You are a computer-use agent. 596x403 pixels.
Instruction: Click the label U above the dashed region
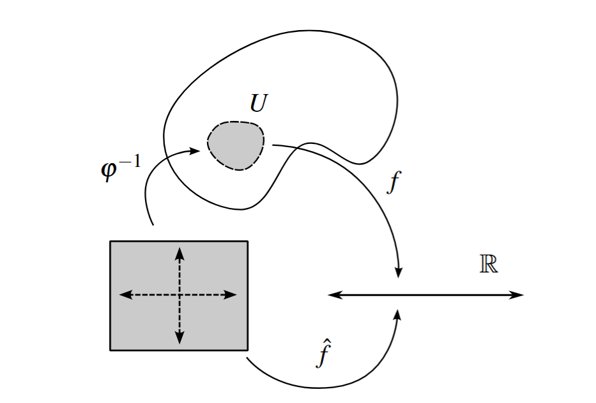pyautogui.click(x=257, y=104)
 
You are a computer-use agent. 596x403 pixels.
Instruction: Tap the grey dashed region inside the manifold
pyautogui.click(x=236, y=145)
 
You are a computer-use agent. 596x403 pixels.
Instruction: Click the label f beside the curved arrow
pyautogui.click(x=394, y=182)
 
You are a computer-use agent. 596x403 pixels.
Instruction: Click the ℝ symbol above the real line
pyautogui.click(x=489, y=264)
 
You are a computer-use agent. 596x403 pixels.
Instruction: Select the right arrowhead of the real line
pyautogui.click(x=518, y=295)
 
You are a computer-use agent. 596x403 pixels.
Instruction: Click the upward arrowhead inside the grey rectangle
pyautogui.click(x=180, y=252)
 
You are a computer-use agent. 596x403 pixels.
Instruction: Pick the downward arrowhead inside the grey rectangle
pyautogui.click(x=180, y=338)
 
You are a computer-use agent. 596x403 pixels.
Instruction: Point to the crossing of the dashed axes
pyautogui.click(x=180, y=295)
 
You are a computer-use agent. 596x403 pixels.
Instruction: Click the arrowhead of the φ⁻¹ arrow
pyautogui.click(x=195, y=151)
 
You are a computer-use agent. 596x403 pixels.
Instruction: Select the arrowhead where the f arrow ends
pyautogui.click(x=399, y=272)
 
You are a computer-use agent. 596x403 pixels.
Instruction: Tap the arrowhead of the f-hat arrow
pyautogui.click(x=398, y=315)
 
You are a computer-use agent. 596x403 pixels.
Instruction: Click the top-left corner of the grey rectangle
pyautogui.click(x=111, y=241)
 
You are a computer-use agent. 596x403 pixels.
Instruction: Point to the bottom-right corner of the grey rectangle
pyautogui.click(x=247, y=350)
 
